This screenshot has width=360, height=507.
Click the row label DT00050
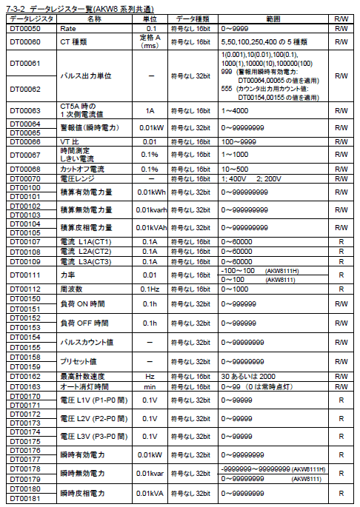coord(24,28)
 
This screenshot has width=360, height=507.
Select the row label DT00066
coord(25,141)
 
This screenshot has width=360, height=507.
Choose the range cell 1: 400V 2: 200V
coord(249,178)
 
